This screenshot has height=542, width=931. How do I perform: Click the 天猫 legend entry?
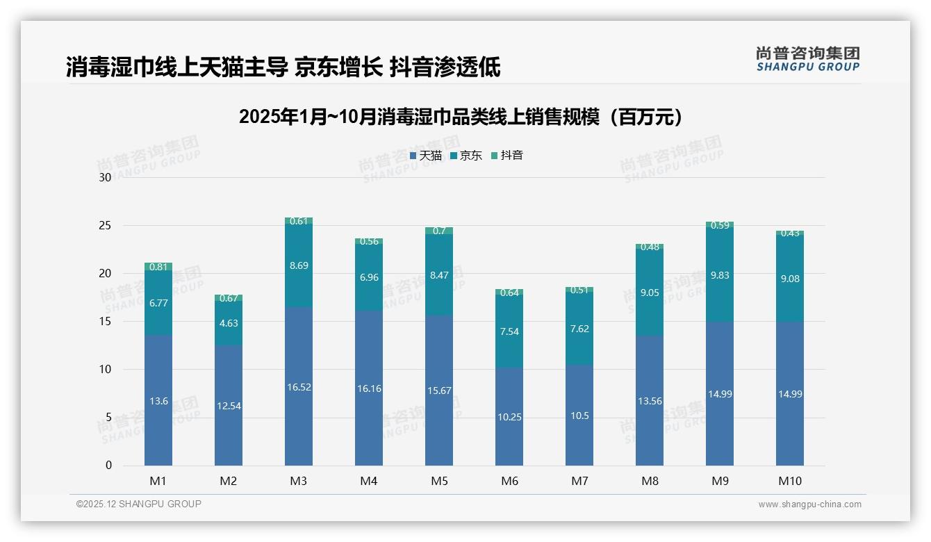(x=425, y=156)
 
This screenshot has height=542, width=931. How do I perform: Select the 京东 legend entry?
(x=465, y=156)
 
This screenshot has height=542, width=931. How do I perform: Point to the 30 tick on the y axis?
(x=105, y=177)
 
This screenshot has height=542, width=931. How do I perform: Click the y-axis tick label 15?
(x=105, y=321)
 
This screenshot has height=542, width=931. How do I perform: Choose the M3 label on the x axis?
(x=299, y=481)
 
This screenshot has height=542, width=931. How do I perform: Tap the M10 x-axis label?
(x=790, y=481)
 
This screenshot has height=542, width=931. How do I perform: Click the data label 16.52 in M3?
(x=299, y=387)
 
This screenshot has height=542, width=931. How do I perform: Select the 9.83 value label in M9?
(x=720, y=275)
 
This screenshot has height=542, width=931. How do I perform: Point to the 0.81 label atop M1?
(x=158, y=267)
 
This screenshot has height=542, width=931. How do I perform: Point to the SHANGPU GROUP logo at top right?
(x=807, y=59)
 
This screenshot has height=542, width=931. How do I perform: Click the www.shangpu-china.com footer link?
(x=809, y=504)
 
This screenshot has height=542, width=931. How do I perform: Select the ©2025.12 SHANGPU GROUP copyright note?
(x=139, y=504)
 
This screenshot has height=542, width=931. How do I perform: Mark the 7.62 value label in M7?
(x=579, y=329)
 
